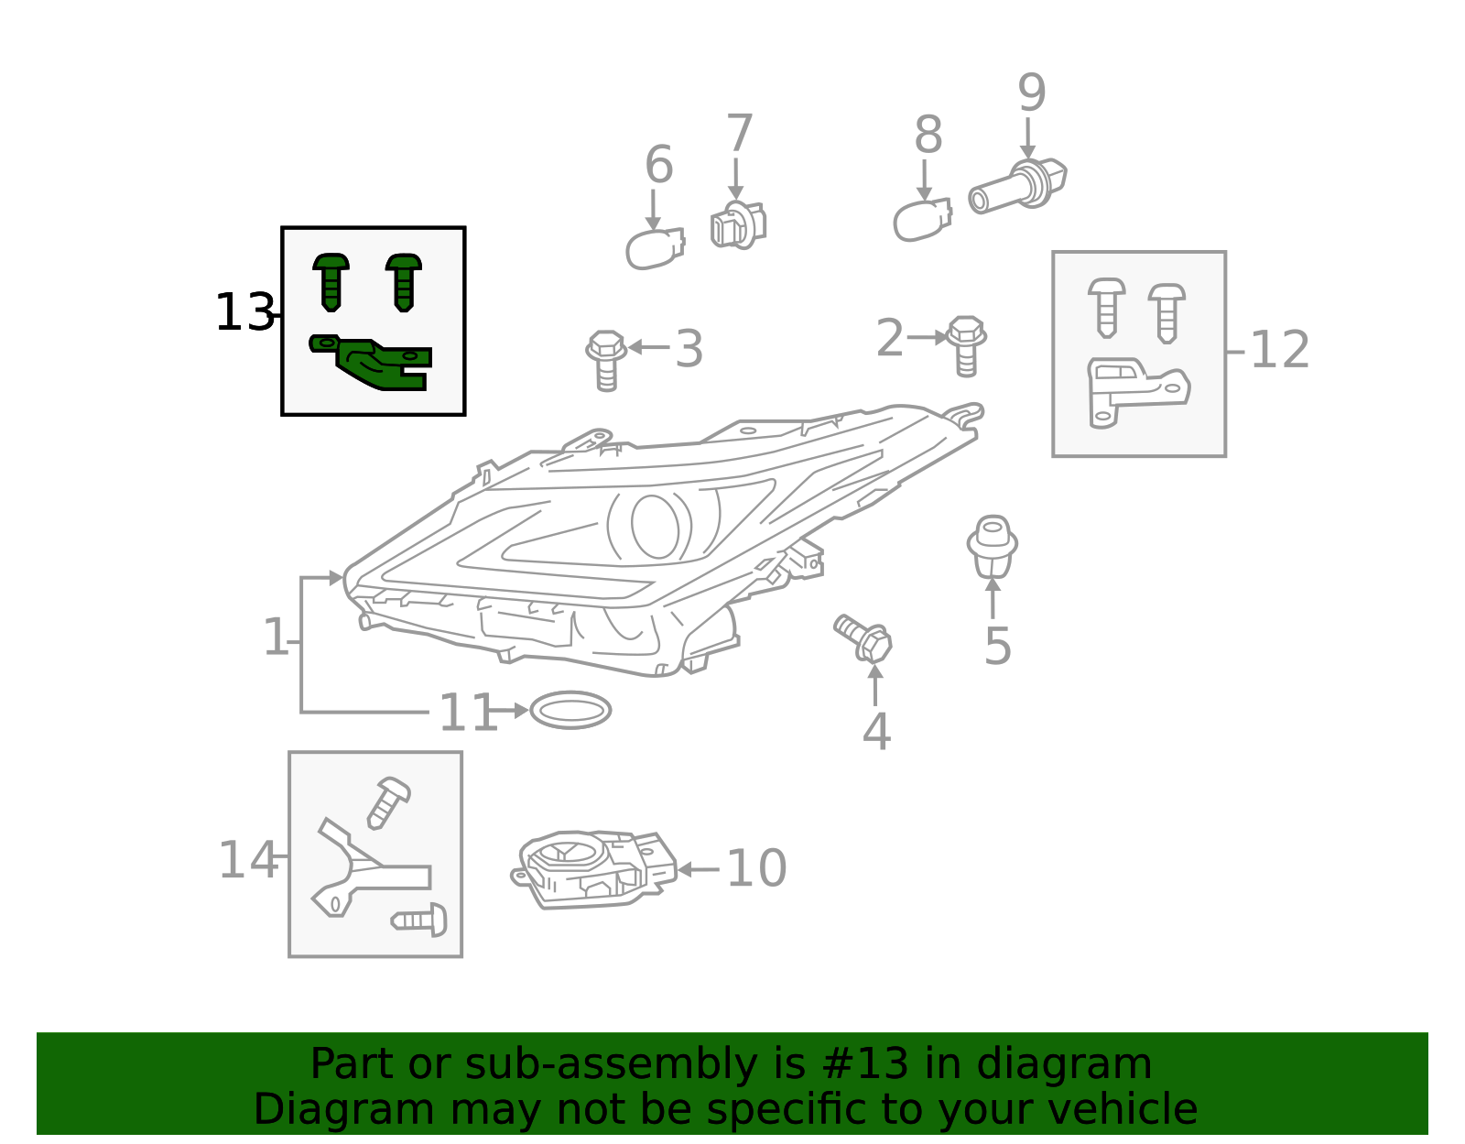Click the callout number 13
[x=244, y=313]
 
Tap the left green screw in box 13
[x=331, y=281]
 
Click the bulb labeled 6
[x=654, y=249]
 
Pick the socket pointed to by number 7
[x=736, y=224]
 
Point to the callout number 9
[x=1031, y=93]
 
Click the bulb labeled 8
[x=920, y=221]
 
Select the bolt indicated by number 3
[x=606, y=358]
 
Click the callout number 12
[x=1279, y=350]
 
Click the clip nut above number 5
[x=993, y=547]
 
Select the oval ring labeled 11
[x=570, y=711]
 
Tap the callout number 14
[x=247, y=861]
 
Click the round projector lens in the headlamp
[x=655, y=526]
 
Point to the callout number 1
[x=276, y=637]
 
